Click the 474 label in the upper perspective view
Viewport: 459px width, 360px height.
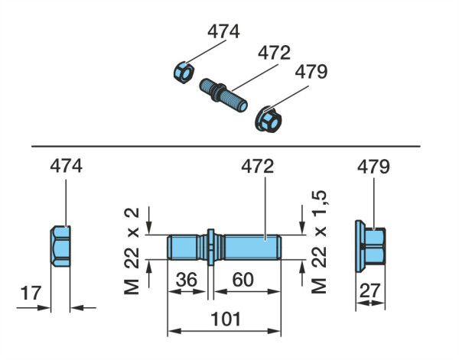click(x=223, y=31)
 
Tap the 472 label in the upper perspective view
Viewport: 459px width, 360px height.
click(x=274, y=53)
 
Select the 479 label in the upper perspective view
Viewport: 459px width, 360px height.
click(x=311, y=72)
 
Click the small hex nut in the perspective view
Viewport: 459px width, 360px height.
click(x=184, y=73)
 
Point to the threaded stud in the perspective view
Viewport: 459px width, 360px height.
click(x=223, y=95)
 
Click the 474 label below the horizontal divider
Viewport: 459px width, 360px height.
click(x=66, y=167)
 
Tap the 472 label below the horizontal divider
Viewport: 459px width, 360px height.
click(x=258, y=167)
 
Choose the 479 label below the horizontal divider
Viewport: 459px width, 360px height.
click(x=373, y=167)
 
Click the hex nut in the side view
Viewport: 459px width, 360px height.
click(x=60, y=246)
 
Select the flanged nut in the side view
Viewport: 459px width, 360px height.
click(x=370, y=246)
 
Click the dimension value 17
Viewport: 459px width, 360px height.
click(x=31, y=294)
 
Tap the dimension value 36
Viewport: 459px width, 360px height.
click(x=187, y=280)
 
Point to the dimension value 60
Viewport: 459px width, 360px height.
click(x=243, y=280)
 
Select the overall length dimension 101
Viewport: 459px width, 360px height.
click(x=226, y=319)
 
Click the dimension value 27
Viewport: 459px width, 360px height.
click(x=369, y=290)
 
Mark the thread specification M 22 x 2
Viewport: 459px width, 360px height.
click(x=132, y=251)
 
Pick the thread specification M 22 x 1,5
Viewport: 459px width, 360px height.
click(x=319, y=242)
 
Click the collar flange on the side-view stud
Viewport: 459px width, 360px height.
click(x=211, y=247)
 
